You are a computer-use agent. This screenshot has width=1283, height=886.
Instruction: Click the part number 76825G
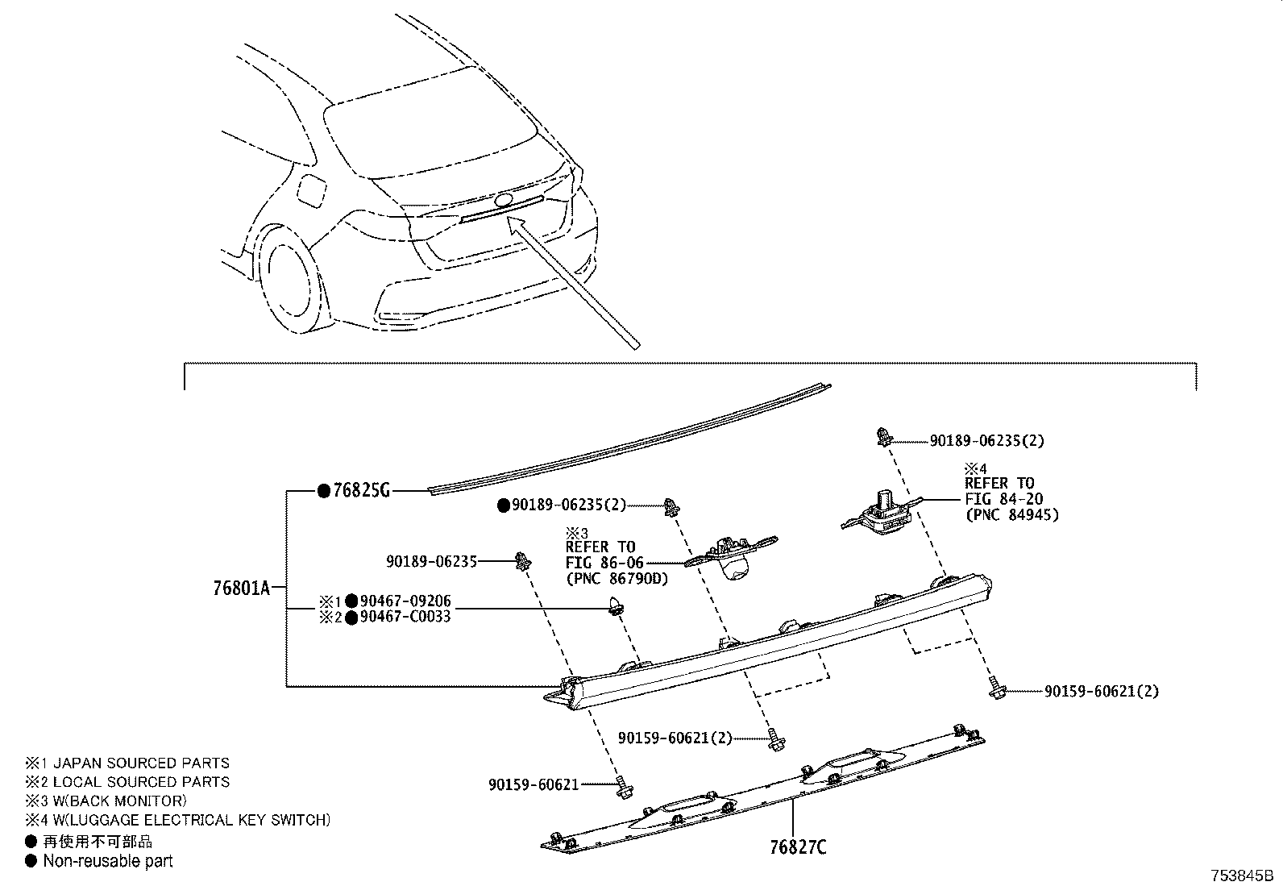361,490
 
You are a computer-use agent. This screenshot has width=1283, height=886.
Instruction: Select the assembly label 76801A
241,588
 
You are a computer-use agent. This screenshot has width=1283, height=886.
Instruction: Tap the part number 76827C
798,847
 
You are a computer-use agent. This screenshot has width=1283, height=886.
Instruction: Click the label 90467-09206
405,601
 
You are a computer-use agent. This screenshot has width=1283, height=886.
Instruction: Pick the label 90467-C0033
405,617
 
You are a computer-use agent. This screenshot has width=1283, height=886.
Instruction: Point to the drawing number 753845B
1239,876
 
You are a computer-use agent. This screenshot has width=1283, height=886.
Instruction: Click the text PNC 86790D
617,578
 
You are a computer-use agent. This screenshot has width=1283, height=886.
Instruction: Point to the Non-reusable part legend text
108,861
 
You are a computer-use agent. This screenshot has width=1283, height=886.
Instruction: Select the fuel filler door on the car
311,189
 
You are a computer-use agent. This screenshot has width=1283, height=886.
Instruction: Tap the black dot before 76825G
323,490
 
